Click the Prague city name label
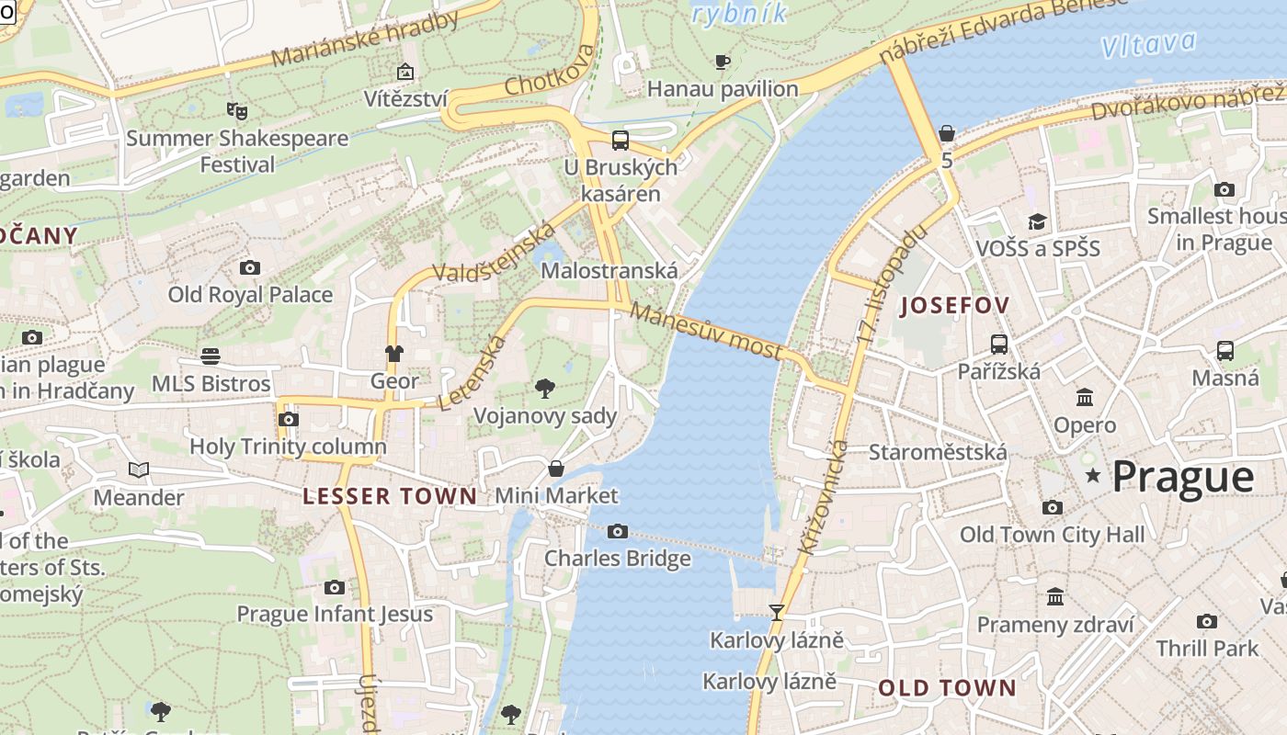click(x=1183, y=477)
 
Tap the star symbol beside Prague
click(x=1093, y=475)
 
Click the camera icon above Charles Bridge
click(x=618, y=531)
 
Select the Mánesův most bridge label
click(x=707, y=332)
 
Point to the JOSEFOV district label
click(x=954, y=305)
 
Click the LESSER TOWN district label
click(x=390, y=496)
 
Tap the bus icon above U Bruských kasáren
click(x=621, y=140)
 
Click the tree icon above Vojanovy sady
click(x=544, y=388)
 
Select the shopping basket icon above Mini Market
click(x=556, y=469)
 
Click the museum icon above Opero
click(x=1085, y=398)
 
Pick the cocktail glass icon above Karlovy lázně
click(x=777, y=612)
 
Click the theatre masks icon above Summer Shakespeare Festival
click(x=237, y=110)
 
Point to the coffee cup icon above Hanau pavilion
click(x=723, y=62)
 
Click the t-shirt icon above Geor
click(x=394, y=353)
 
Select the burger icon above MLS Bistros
click(x=211, y=356)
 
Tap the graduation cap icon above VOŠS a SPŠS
click(x=1037, y=221)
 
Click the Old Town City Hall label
click(x=1052, y=534)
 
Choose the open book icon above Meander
click(x=139, y=469)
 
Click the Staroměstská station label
click(x=938, y=452)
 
